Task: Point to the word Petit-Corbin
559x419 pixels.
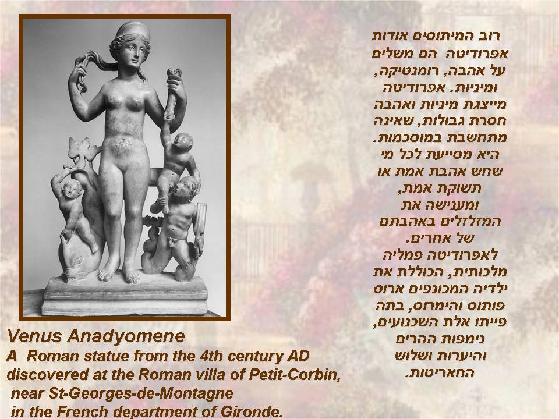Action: point(295,374)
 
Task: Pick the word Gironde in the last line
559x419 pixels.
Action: point(252,411)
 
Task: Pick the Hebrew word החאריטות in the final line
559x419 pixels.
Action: point(440,373)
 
